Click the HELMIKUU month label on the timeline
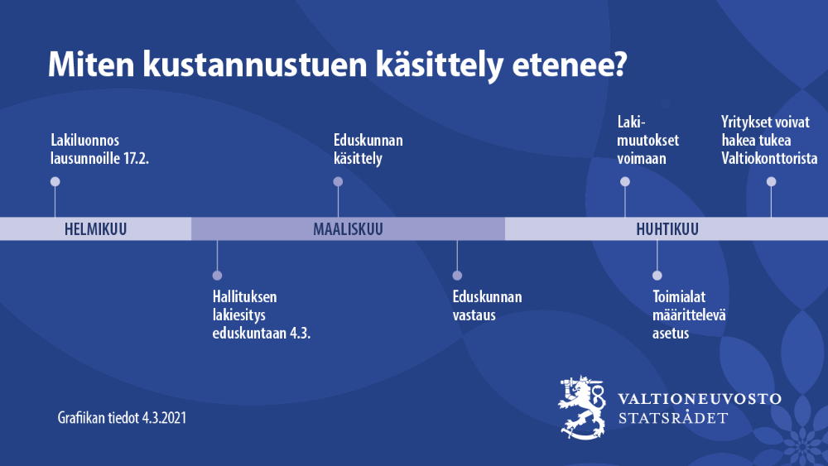tap(95, 229)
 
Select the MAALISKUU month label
tap(348, 229)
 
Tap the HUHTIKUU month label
tap(667, 229)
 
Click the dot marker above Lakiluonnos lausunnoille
tap(55, 181)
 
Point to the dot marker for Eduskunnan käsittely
tap(338, 181)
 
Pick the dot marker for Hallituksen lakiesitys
tap(217, 276)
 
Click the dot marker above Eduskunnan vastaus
tap(457, 276)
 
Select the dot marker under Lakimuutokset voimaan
tap(625, 181)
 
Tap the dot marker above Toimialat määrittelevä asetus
tap(657, 276)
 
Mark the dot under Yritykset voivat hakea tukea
tap(772, 181)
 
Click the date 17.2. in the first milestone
tap(137, 158)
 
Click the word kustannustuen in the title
tap(255, 65)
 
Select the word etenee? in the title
tap(570, 65)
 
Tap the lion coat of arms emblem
tap(582, 407)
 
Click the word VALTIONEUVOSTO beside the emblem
tap(700, 398)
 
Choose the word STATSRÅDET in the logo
tap(673, 418)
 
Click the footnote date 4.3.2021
tap(164, 418)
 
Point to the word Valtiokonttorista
tap(769, 158)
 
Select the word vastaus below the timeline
tap(474, 315)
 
